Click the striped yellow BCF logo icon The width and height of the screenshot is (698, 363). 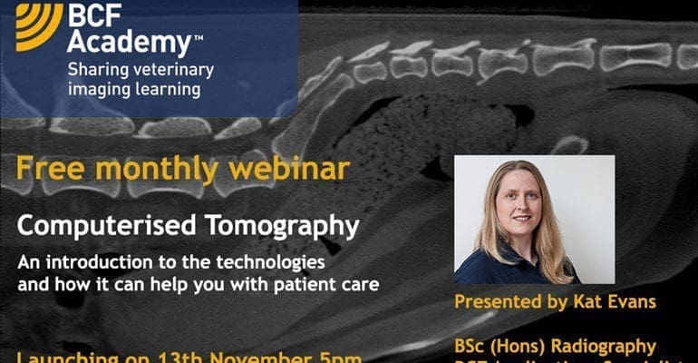click(39, 25)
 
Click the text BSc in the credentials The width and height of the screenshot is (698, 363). click(471, 345)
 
